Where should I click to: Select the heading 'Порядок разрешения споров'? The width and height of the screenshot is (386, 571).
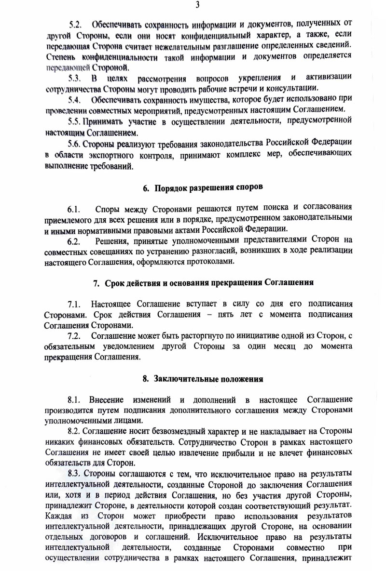208,187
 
